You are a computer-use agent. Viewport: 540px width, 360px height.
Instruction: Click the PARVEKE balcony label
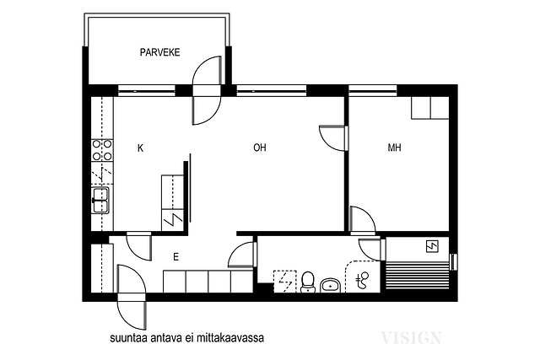click(x=159, y=52)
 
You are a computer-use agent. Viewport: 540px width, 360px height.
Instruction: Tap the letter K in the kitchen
click(x=140, y=148)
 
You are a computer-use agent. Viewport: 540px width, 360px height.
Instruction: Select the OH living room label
click(x=260, y=148)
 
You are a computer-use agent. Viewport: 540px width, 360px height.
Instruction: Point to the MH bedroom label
click(x=394, y=148)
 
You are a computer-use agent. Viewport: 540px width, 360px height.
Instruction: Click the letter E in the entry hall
click(x=176, y=257)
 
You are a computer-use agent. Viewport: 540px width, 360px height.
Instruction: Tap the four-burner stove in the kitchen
click(x=102, y=150)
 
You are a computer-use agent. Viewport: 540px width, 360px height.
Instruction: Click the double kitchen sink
click(x=100, y=200)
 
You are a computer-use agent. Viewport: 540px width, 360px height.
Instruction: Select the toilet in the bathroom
click(x=307, y=282)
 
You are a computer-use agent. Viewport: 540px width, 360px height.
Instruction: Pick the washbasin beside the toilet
click(x=331, y=285)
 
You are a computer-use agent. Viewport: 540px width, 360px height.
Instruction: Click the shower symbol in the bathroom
click(x=363, y=279)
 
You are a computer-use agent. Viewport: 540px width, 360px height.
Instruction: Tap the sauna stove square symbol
click(x=432, y=246)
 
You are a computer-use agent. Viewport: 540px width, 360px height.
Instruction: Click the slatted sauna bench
click(x=418, y=276)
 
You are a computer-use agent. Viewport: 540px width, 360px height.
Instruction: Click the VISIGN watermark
click(x=412, y=337)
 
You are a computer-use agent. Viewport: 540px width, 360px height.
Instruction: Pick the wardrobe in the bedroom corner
click(x=430, y=108)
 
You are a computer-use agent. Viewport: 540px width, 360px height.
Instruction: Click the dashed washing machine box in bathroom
click(x=285, y=282)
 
